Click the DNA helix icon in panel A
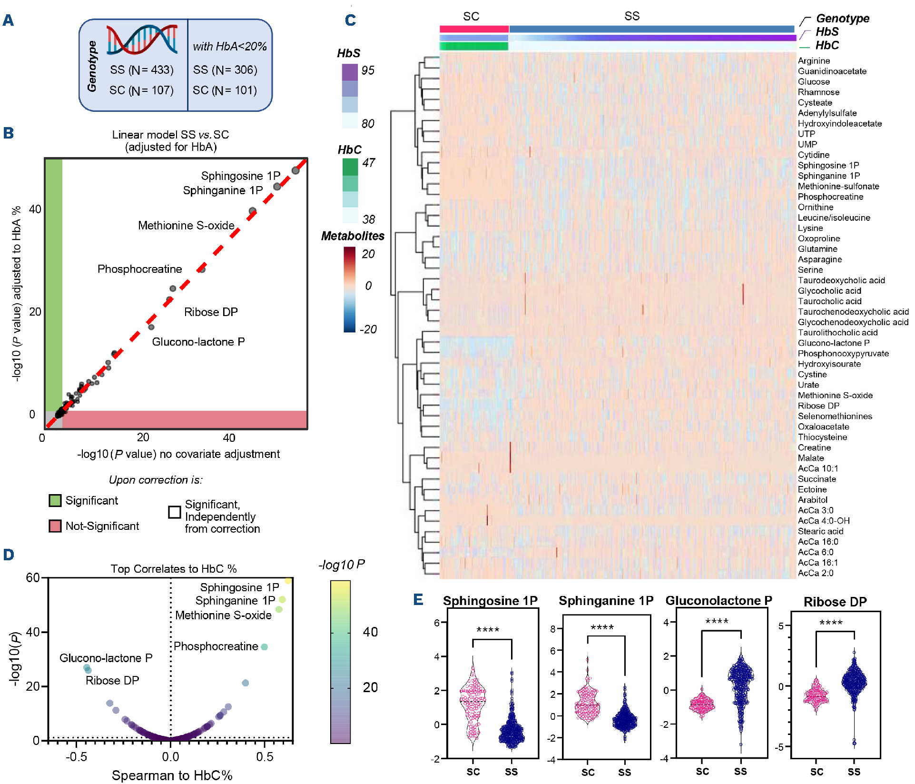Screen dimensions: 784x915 142,40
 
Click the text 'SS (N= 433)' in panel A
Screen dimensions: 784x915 142,70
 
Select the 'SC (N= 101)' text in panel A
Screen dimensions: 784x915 225,90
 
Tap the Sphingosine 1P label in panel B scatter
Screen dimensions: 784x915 240,176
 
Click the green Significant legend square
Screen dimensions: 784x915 55,500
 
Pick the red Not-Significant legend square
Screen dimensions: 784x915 55,526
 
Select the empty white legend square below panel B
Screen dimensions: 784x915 175,512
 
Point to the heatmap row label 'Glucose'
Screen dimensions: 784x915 814,82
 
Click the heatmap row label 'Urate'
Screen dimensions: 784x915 808,385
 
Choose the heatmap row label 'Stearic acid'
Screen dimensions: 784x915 820,531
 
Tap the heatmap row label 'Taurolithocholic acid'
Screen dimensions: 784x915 837,333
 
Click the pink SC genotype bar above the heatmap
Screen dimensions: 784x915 474,29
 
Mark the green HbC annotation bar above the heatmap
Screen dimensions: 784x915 474,46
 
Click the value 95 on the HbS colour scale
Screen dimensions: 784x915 368,70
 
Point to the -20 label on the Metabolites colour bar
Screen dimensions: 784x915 368,329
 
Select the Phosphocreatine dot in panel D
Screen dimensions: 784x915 264,647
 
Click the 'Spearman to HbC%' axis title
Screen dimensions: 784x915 172,775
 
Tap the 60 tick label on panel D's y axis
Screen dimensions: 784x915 33,578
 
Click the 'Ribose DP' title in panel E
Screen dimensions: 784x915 835,602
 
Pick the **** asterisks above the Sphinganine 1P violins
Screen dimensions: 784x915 602,628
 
